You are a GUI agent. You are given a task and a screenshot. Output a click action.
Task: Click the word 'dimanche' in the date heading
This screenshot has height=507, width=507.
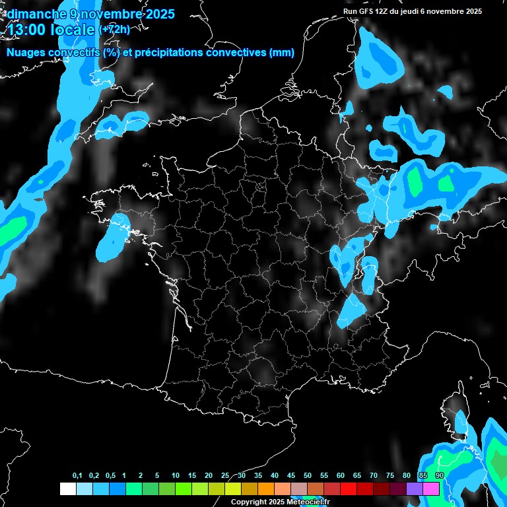pyautogui.click(x=36, y=13)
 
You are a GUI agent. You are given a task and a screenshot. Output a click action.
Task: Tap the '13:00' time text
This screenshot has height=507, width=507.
pyautogui.click(x=26, y=30)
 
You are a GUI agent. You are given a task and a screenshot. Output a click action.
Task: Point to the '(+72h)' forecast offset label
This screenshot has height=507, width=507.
pyautogui.click(x=114, y=30)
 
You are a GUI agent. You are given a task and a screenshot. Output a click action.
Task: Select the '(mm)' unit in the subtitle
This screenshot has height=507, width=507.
pyautogui.click(x=281, y=53)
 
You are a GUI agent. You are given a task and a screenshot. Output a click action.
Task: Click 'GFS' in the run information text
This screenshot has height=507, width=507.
pyautogui.click(x=378, y=11)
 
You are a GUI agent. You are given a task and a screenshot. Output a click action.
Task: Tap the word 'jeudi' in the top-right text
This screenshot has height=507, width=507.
pyautogui.click(x=417, y=11)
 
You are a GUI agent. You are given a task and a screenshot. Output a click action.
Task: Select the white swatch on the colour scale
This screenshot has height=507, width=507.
pyautogui.click(x=67, y=489)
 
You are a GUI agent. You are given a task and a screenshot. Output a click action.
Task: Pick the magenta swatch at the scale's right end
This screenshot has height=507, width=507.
pyautogui.click(x=431, y=489)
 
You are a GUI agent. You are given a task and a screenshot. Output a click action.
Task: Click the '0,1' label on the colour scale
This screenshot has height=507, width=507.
pyautogui.click(x=77, y=476)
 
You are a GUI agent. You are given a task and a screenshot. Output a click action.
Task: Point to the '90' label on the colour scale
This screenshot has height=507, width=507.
pyautogui.click(x=440, y=476)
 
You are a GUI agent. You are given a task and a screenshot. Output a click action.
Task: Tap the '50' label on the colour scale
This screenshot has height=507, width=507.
pyautogui.click(x=308, y=476)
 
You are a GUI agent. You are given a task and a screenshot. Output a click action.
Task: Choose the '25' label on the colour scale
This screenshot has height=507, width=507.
pyautogui.click(x=225, y=476)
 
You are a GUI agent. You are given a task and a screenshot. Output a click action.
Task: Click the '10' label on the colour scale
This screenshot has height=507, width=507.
pyautogui.click(x=176, y=476)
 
